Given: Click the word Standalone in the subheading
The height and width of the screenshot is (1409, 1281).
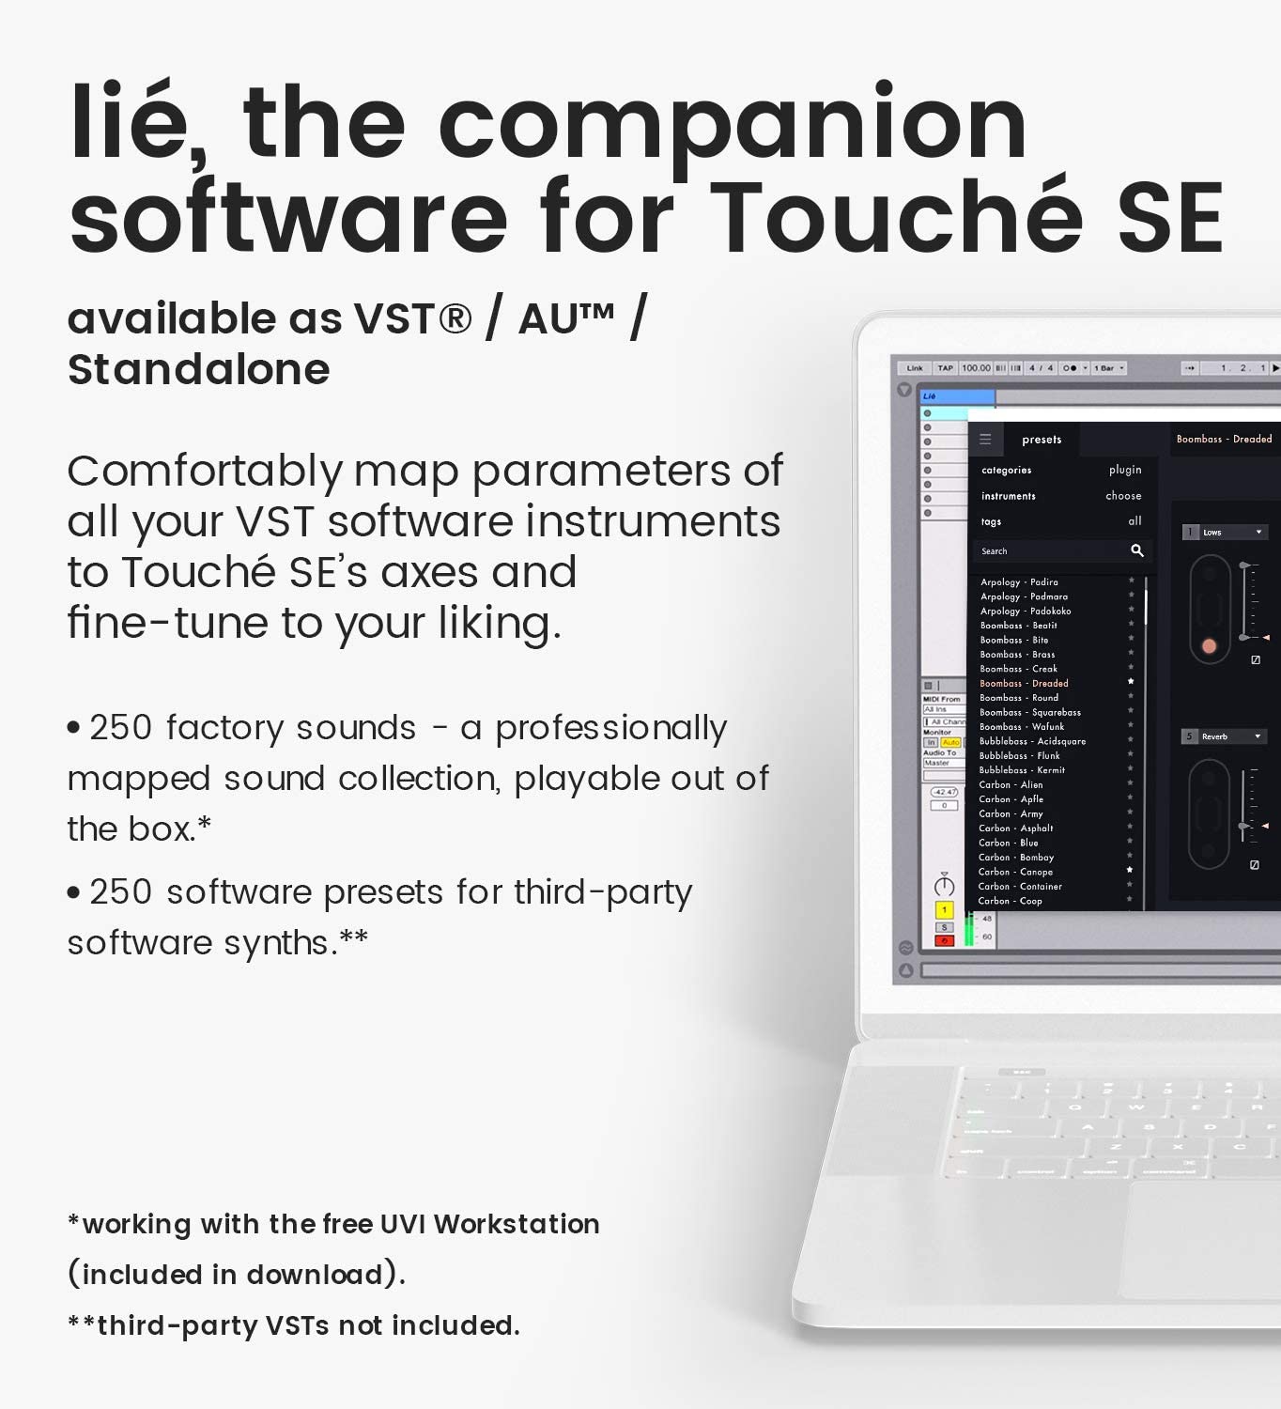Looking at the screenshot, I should [x=198, y=369].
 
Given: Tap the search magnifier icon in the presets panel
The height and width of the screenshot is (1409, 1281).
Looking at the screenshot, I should [x=1136, y=550].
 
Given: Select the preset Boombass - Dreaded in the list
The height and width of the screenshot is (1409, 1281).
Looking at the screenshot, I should [x=1024, y=684].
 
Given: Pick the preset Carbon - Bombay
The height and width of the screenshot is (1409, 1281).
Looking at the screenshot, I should [x=1016, y=858].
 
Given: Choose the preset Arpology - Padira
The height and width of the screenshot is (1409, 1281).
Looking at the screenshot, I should [x=1019, y=582].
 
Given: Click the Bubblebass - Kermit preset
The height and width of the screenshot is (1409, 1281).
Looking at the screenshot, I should [x=1022, y=770].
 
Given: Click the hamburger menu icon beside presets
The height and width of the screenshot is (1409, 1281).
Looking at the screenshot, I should [x=985, y=439].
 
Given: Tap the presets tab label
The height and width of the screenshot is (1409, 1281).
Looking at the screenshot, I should [x=1042, y=440].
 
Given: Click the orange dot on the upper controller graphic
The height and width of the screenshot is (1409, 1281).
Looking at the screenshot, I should [x=1209, y=646].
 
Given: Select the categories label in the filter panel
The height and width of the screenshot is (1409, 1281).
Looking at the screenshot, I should [x=1006, y=470].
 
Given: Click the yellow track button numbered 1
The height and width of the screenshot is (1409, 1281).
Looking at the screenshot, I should [x=944, y=909].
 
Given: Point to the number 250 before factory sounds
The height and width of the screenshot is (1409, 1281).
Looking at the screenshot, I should [x=120, y=728].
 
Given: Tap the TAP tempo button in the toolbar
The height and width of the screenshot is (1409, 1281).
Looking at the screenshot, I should [x=945, y=368].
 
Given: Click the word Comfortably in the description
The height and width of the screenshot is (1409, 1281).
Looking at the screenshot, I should [x=205, y=472].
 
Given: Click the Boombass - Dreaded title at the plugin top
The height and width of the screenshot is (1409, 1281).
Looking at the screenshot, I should [x=1224, y=439].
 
